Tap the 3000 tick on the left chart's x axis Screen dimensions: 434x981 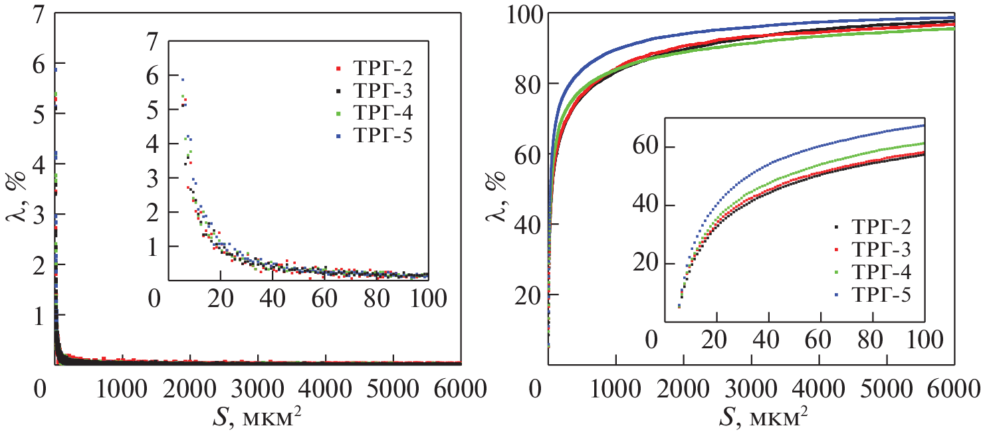(x=258, y=387)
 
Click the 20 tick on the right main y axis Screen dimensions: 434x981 (x=528, y=294)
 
